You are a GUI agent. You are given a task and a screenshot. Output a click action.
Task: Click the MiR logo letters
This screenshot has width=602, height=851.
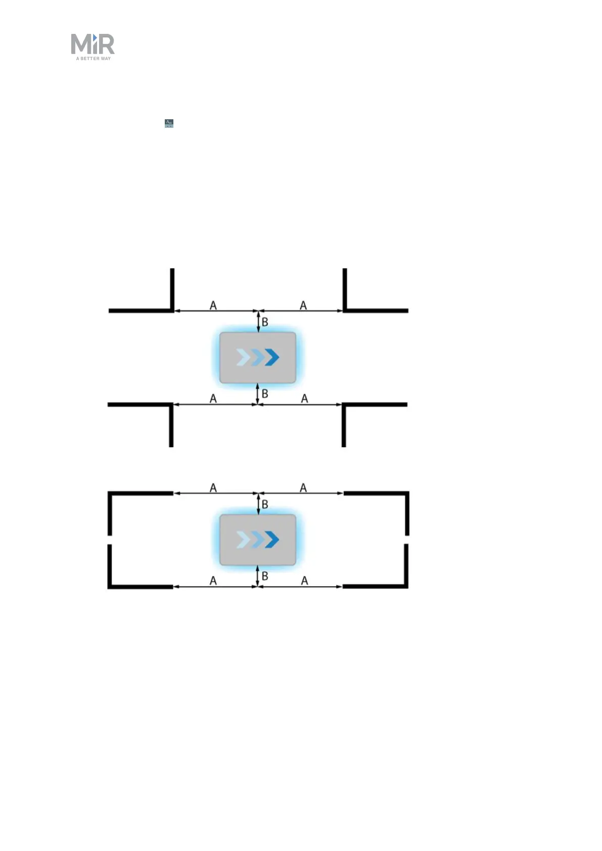coord(92,44)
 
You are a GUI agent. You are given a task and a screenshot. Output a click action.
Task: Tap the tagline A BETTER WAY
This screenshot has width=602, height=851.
coord(94,59)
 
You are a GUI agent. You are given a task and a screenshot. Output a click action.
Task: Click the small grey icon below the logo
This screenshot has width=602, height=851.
coord(169,123)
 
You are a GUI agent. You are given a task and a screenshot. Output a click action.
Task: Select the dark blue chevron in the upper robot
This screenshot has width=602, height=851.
coord(272,357)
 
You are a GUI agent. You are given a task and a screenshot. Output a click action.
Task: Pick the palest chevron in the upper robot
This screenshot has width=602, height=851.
coord(243,357)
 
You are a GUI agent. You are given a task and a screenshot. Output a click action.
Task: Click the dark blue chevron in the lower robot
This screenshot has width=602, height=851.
coord(272,540)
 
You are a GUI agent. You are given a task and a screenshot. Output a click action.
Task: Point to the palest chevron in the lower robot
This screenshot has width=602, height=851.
coord(243,540)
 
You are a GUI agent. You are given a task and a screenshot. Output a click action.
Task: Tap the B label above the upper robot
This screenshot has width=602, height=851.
coord(265,322)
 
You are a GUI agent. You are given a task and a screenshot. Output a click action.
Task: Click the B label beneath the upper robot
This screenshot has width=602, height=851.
coord(265,394)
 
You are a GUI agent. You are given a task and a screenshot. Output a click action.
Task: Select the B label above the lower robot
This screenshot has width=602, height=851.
coord(265,504)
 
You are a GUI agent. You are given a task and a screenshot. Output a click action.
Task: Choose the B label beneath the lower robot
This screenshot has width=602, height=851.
coord(265,576)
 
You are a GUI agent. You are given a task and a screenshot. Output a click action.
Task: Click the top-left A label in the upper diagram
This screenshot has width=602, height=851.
coord(213,305)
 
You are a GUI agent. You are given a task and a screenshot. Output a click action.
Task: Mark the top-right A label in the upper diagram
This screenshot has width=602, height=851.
coord(303,305)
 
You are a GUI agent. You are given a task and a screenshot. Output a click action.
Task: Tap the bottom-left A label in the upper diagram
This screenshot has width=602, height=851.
coord(213,399)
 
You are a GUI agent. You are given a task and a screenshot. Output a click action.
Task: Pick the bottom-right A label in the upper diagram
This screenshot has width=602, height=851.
coord(304,399)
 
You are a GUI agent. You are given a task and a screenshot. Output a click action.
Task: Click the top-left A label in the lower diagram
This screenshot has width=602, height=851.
coord(213,488)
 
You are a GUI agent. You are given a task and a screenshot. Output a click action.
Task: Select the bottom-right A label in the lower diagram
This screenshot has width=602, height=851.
coord(304,581)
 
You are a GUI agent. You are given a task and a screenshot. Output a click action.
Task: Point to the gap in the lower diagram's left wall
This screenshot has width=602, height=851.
coord(110,540)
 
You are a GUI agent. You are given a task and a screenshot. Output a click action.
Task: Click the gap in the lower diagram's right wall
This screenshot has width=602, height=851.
coord(407,540)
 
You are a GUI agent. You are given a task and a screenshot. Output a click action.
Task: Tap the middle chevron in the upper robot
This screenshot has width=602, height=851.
coord(258,357)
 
